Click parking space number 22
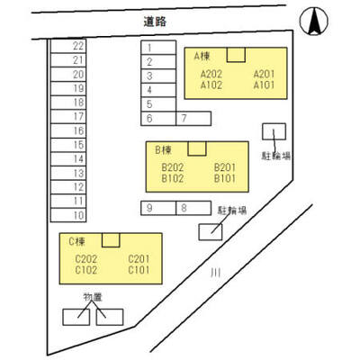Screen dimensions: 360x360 click(68, 46)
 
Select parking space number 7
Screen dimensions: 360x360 click(193, 119)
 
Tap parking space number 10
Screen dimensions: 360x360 click(68, 215)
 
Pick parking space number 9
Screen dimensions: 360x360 click(158, 208)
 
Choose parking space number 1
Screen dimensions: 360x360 click(158, 48)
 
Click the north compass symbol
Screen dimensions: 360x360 click(314, 21)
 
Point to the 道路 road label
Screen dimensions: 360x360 click(155, 22)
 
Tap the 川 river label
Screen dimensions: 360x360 click(215, 273)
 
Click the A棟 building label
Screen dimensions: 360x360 click(202, 56)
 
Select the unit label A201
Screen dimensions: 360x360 click(264, 74)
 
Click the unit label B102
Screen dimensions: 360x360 click(173, 178)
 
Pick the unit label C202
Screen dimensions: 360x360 click(86, 258)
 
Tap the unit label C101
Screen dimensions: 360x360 click(139, 270)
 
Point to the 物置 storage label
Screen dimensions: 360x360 click(93, 297)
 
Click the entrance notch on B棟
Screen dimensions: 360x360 click(197, 148)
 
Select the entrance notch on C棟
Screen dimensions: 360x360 click(111, 240)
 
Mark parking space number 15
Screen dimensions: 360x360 click(68, 145)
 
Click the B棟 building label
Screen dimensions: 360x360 click(164, 149)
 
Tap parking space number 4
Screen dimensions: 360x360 click(158, 90)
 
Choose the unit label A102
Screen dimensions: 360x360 click(211, 85)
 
